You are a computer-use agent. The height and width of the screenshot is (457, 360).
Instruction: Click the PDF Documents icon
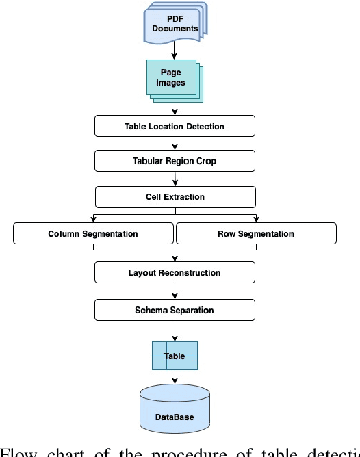tap(175, 25)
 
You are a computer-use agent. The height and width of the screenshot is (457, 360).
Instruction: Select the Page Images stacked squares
tap(172, 79)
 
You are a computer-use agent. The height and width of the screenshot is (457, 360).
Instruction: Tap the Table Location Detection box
tap(175, 126)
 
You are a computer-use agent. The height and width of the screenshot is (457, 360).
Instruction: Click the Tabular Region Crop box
tap(175, 161)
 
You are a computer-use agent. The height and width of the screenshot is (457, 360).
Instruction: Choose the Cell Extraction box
tap(175, 197)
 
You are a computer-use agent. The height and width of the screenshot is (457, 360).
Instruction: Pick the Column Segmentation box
tap(93, 233)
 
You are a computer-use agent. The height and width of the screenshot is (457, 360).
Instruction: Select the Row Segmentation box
tap(256, 233)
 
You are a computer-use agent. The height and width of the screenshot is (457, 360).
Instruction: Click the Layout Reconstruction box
tap(175, 272)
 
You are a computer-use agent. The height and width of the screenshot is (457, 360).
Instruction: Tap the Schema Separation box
tap(175, 310)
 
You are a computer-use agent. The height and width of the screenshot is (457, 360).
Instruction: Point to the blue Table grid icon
tap(175, 356)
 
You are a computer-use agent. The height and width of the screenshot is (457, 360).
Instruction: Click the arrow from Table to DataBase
tap(175, 377)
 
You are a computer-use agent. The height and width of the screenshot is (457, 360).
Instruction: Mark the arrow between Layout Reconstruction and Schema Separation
tap(175, 291)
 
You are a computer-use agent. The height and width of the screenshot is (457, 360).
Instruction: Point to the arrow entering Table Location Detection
tap(175, 109)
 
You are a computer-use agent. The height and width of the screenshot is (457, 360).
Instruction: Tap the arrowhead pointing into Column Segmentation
tap(93, 219)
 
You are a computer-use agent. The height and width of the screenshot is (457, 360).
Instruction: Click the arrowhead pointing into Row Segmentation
tap(256, 219)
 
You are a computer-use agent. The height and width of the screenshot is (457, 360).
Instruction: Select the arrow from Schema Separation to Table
tap(175, 331)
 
